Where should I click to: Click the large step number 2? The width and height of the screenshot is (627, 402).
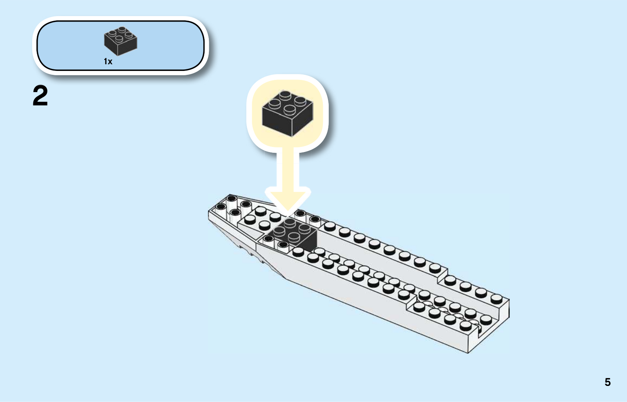point(40,96)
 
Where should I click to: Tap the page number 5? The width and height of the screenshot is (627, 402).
point(607,382)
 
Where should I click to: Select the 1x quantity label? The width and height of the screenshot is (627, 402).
point(108,61)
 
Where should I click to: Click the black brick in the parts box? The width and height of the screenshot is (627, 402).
point(121,41)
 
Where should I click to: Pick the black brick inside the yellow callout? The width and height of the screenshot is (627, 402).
point(288,113)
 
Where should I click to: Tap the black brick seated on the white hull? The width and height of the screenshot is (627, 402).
point(292,235)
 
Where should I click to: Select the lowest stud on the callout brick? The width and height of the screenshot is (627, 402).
point(290,109)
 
